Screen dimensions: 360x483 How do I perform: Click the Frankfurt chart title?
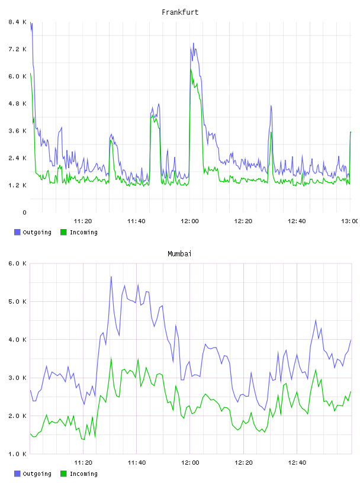tap(180, 12)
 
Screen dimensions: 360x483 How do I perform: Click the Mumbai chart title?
tap(179, 254)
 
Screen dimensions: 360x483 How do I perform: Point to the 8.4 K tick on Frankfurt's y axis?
tap(17, 22)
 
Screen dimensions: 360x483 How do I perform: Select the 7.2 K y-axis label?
tap(17, 49)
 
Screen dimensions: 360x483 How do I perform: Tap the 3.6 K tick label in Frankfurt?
tap(17, 131)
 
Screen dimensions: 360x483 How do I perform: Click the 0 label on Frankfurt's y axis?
tap(24, 212)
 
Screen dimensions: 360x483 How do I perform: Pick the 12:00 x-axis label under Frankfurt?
tap(190, 221)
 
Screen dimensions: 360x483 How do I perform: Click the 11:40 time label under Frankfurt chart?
tap(136, 221)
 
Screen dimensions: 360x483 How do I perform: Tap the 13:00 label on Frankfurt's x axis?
tap(350, 221)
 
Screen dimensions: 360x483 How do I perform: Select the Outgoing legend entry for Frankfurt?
tap(33, 232)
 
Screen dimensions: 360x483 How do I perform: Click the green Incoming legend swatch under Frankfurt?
tap(63, 232)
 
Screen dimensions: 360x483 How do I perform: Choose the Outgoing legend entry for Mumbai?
tap(33, 474)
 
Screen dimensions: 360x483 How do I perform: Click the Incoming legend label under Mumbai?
tap(84, 474)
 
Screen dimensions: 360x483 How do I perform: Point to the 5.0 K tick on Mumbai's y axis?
tap(17, 301)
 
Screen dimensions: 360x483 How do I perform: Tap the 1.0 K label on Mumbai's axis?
tap(17, 454)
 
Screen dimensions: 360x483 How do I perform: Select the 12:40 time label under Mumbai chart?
tap(297, 463)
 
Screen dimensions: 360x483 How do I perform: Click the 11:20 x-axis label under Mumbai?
tap(83, 463)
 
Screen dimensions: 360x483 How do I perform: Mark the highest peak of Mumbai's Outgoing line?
tap(111, 276)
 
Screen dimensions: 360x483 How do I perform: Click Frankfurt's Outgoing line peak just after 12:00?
tap(194, 43)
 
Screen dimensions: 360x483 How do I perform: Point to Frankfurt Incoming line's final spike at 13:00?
tap(351, 132)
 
